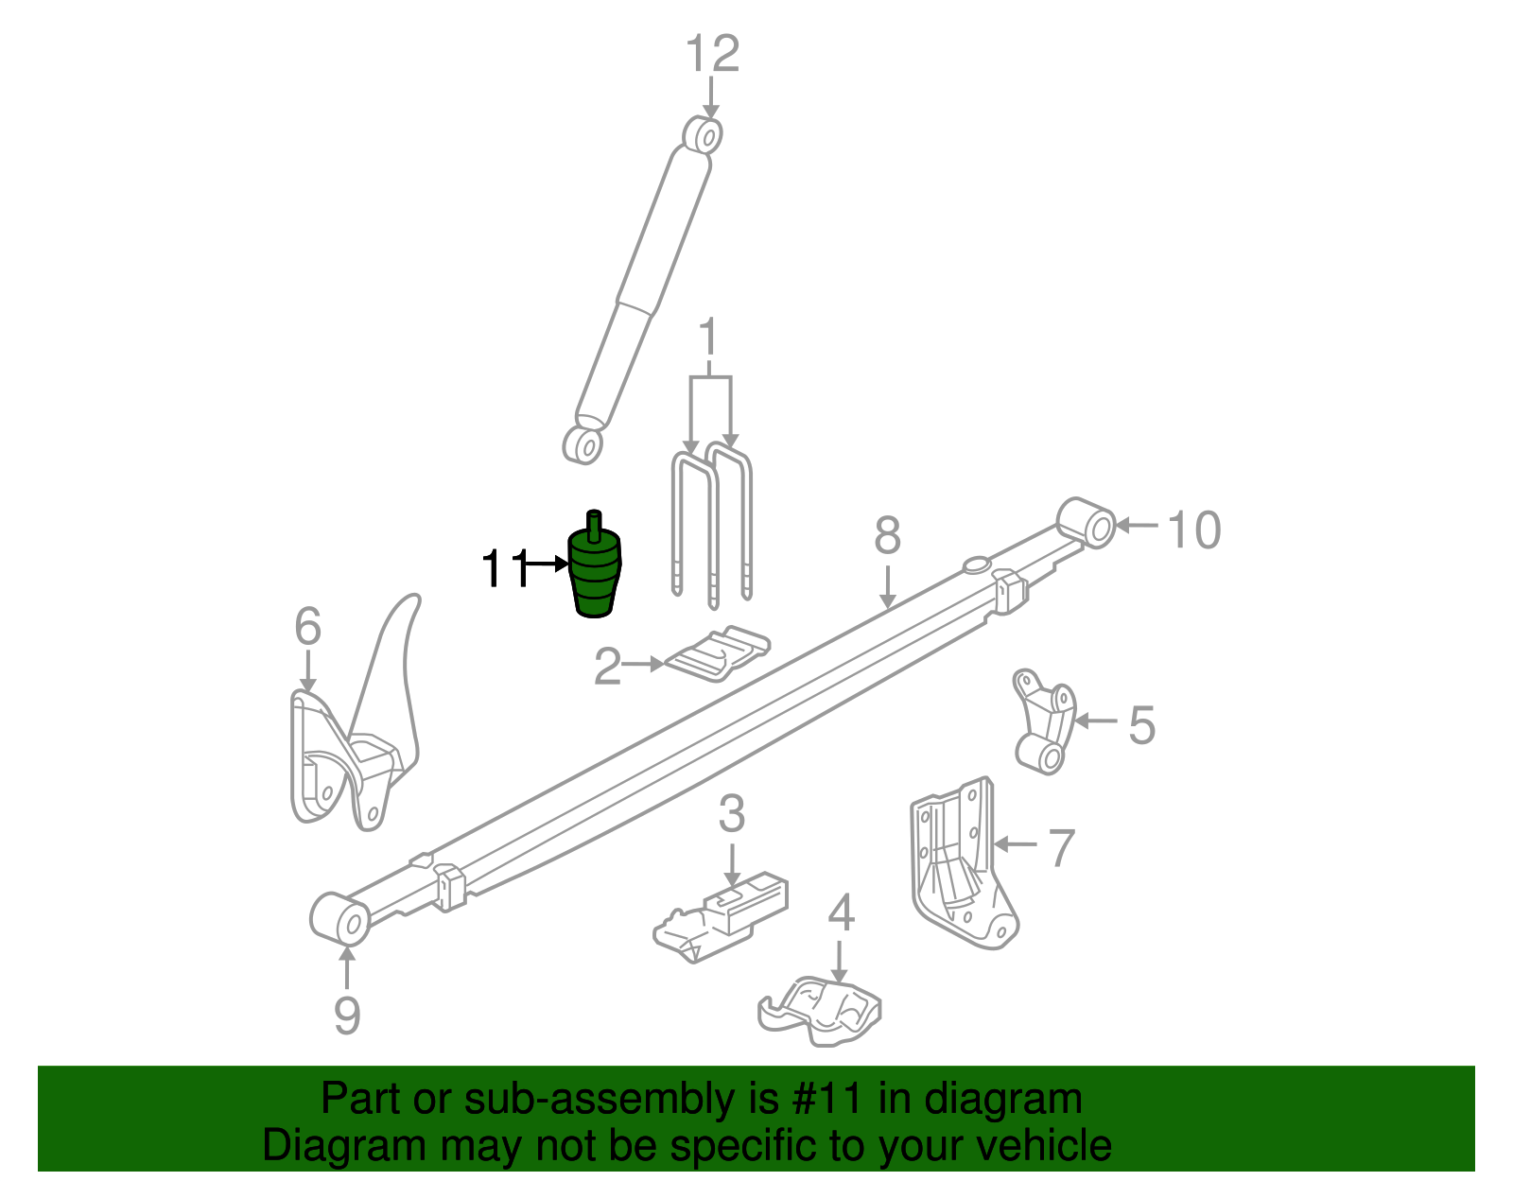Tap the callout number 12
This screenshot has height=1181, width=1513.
pos(711,55)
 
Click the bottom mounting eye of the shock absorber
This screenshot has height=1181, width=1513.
pos(583,444)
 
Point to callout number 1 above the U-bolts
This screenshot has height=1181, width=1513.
pos(707,339)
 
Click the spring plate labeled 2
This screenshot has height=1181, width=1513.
pos(718,653)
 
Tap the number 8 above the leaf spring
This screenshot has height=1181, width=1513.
pos(887,536)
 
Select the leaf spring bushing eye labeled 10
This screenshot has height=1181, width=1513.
pos(1088,522)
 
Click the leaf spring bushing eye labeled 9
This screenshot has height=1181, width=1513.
pos(340,917)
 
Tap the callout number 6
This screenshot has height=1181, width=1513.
pos(307,627)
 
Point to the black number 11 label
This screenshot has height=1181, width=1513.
pos(504,568)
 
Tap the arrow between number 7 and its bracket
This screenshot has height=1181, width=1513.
pos(1016,843)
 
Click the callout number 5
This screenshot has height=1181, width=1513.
pos(1141,725)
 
